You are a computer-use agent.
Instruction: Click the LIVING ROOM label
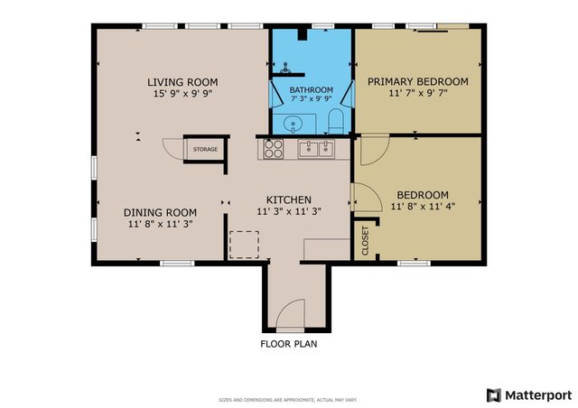click(x=182, y=82)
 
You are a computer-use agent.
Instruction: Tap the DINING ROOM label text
click(x=160, y=213)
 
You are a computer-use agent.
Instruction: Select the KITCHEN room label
click(x=288, y=199)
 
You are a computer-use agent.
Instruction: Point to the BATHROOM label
click(x=312, y=89)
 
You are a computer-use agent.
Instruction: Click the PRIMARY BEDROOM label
click(x=417, y=82)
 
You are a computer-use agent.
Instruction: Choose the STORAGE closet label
click(x=204, y=149)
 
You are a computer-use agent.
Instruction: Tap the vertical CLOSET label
click(x=366, y=241)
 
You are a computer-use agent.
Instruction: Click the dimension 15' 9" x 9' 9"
click(x=182, y=94)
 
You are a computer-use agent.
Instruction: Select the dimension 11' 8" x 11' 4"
click(x=423, y=206)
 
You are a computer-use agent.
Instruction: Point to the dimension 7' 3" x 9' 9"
click(x=312, y=99)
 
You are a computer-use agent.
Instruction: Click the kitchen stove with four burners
click(x=275, y=149)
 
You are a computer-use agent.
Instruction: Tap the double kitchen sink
click(x=317, y=149)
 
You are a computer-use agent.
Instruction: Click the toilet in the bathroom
click(x=336, y=122)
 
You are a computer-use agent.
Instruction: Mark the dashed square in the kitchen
click(x=244, y=245)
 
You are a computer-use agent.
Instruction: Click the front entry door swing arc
click(x=292, y=316)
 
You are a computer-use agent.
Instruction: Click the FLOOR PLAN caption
click(x=288, y=344)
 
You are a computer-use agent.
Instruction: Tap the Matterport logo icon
click(x=493, y=394)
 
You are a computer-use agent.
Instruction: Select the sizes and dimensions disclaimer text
click(x=288, y=399)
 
